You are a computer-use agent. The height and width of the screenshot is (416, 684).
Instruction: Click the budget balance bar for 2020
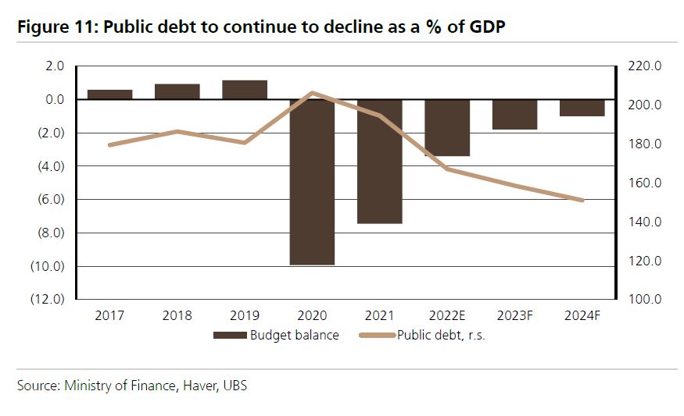tap(312, 182)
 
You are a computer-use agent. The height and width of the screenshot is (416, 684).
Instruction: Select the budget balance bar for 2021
tap(380, 161)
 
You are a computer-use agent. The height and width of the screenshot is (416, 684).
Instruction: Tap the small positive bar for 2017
tap(109, 94)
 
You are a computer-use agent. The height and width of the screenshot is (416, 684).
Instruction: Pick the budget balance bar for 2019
tap(245, 90)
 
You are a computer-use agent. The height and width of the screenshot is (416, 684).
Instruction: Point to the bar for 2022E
tap(447, 128)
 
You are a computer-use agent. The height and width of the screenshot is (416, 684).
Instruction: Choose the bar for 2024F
tap(582, 108)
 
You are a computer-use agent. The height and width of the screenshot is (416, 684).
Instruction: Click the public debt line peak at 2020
tap(313, 93)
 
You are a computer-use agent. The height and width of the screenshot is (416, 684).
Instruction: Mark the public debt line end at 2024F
tap(582, 201)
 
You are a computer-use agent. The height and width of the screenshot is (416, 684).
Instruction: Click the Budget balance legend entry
tap(277, 336)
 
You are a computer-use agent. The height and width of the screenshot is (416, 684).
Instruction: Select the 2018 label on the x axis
tap(177, 316)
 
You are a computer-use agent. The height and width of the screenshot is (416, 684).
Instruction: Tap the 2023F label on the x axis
tap(515, 316)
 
